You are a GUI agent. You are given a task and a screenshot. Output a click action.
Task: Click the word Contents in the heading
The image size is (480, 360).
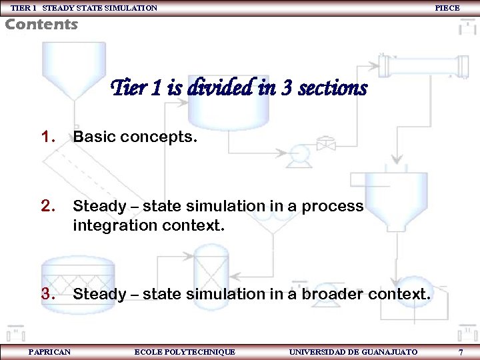click(x=41, y=25)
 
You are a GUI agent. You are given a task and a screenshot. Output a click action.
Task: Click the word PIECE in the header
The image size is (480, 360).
click(x=447, y=8)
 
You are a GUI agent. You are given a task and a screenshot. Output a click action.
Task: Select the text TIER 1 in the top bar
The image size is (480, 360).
click(x=23, y=8)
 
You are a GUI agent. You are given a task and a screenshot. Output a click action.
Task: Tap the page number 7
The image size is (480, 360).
click(x=461, y=352)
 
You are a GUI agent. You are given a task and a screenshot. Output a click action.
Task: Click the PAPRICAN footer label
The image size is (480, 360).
click(x=49, y=352)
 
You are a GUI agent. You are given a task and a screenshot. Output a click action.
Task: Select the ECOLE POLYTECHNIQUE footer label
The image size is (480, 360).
click(x=185, y=352)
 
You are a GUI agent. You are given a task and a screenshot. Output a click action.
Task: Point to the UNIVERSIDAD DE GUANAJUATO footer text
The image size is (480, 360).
click(x=353, y=352)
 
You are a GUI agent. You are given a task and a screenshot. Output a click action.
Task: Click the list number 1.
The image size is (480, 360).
click(x=47, y=137)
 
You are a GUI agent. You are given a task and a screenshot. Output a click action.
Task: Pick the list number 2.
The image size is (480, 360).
click(x=47, y=206)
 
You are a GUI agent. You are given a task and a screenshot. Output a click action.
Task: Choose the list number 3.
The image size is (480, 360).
click(x=47, y=293)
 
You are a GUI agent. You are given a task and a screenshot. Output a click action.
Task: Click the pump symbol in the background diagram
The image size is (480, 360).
click(x=297, y=156)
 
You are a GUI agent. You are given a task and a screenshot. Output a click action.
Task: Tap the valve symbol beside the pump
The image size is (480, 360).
click(x=326, y=143)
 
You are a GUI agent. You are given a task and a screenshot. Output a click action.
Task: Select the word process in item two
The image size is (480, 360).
click(x=333, y=207)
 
